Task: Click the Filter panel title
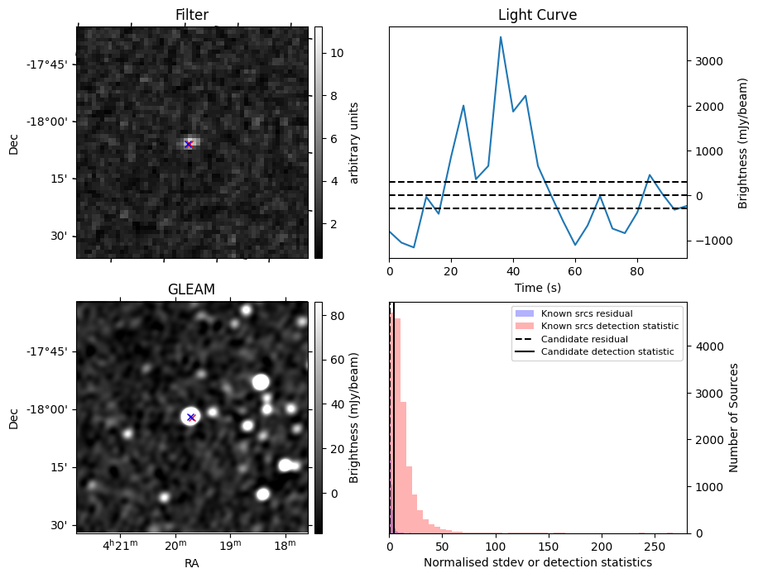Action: pos(191,15)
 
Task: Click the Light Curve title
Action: pos(537,15)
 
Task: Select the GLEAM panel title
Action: pos(191,289)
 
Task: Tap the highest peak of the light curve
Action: pos(501,37)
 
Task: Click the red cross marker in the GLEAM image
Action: pos(191,417)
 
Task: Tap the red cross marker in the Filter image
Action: pos(189,144)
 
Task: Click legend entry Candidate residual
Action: pos(584,339)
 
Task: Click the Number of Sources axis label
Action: pos(734,418)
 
